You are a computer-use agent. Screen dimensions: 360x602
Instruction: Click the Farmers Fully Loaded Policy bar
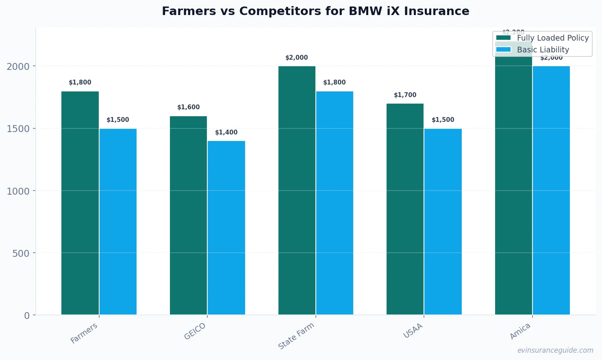(x=80, y=203)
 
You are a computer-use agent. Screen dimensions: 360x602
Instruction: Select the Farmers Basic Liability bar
(x=118, y=221)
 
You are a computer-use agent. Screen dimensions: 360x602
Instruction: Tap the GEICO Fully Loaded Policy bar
(x=188, y=215)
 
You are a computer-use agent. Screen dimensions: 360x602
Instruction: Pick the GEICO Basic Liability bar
(x=226, y=228)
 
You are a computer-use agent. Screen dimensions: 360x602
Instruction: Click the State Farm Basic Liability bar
(x=335, y=203)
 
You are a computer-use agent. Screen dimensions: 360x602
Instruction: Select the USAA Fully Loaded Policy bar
(x=405, y=209)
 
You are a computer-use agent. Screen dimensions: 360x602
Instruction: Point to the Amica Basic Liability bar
(x=551, y=191)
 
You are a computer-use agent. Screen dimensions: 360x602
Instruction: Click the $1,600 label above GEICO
(x=188, y=107)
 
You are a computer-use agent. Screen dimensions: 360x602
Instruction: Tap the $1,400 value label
(x=226, y=132)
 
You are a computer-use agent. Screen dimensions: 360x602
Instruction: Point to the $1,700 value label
(x=405, y=95)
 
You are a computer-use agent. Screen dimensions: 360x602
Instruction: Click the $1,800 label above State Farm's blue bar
(x=335, y=82)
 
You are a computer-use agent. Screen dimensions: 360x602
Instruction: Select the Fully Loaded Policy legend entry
(x=542, y=38)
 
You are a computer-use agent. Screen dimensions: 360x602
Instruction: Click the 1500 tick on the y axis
(x=18, y=129)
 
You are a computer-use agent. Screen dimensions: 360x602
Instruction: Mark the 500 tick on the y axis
(x=21, y=254)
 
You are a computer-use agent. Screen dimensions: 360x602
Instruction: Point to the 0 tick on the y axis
(x=27, y=316)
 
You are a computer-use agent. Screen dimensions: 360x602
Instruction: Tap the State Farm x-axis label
(x=296, y=336)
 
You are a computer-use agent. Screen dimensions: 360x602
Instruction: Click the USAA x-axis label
(x=413, y=331)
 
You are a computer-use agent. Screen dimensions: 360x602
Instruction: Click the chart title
(x=315, y=11)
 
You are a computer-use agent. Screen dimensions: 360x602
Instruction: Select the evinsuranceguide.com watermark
(x=555, y=350)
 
